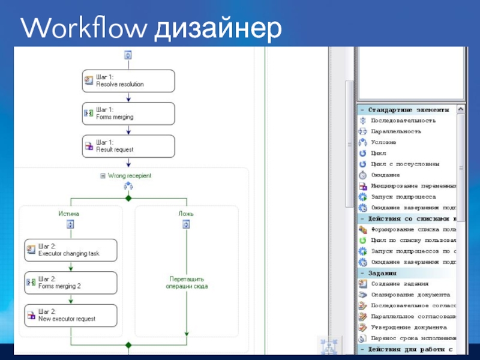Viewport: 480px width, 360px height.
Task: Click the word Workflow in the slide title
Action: click(85, 28)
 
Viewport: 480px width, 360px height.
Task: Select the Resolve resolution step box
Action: click(128, 81)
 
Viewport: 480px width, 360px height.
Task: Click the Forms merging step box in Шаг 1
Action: click(128, 113)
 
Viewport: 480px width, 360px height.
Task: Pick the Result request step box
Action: click(128, 146)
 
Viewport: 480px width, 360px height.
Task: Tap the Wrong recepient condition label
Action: click(129, 176)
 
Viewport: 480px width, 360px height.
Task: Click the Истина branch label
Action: click(68, 214)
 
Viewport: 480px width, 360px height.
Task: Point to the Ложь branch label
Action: click(186, 214)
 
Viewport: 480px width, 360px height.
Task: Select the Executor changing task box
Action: click(70, 250)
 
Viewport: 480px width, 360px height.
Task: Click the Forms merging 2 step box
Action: click(70, 283)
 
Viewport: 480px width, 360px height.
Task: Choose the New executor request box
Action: click(70, 315)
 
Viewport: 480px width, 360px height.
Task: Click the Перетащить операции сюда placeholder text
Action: click(187, 283)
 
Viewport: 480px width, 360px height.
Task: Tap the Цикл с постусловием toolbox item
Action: click(404, 164)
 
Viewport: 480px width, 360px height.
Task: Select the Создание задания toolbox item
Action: click(399, 284)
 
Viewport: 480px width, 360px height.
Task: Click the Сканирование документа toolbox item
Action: click(409, 295)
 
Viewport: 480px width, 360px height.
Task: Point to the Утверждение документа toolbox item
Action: click(408, 327)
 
